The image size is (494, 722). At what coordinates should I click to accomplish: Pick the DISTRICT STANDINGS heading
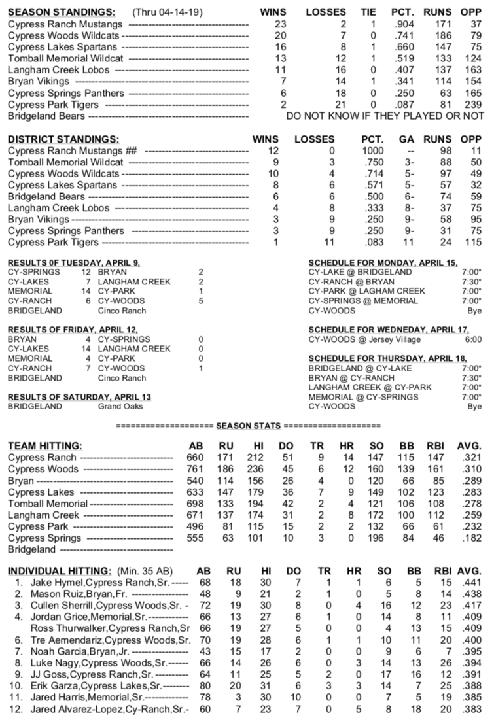pos(63,139)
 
